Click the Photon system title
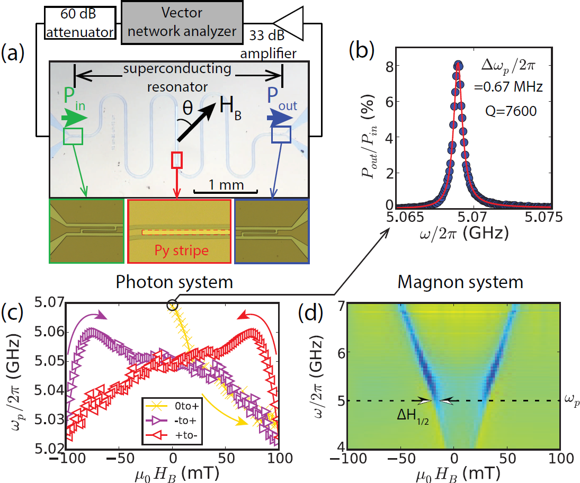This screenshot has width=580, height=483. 174,282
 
